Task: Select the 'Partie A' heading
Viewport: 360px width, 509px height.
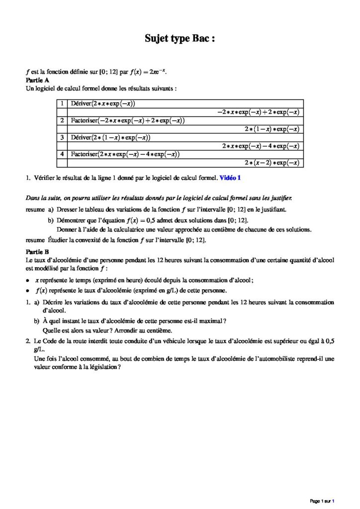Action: pos(37,80)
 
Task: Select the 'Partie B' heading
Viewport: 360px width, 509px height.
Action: pos(37,252)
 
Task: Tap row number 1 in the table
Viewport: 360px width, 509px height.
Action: pos(62,103)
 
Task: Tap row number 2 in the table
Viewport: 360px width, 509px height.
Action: pos(62,121)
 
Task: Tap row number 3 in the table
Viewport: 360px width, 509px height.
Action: pos(62,137)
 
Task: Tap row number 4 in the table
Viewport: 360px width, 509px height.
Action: pos(62,154)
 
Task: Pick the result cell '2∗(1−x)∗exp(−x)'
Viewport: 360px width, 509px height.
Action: pos(271,129)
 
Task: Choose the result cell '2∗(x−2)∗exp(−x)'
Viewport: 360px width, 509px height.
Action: pos(271,163)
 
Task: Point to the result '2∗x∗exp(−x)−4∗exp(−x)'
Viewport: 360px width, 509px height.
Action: pos(261,146)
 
